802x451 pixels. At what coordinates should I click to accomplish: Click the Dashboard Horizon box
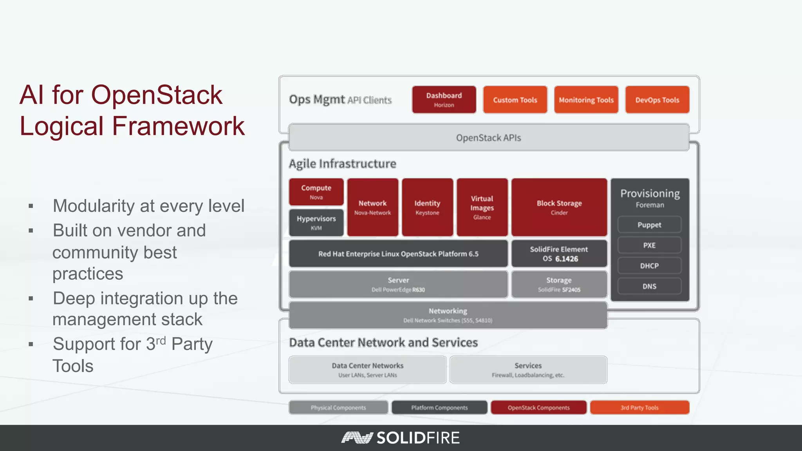pyautogui.click(x=444, y=100)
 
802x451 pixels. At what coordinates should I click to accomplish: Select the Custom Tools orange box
pyautogui.click(x=515, y=100)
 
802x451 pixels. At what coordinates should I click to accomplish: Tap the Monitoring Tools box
pyautogui.click(x=586, y=100)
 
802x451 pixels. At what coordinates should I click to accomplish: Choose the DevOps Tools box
pyautogui.click(x=657, y=100)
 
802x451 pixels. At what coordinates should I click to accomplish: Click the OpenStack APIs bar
pyautogui.click(x=488, y=138)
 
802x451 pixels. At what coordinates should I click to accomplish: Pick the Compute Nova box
pyautogui.click(x=316, y=192)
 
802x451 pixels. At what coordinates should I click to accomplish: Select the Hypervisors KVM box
pyautogui.click(x=316, y=222)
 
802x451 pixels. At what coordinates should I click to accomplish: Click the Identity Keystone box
pyautogui.click(x=427, y=207)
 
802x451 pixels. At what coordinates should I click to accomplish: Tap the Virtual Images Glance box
pyautogui.click(x=482, y=207)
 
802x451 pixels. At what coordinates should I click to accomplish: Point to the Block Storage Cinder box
pyautogui.click(x=559, y=207)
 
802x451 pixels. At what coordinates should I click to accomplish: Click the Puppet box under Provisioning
pyautogui.click(x=649, y=225)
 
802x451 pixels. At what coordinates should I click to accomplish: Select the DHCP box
pyautogui.click(x=649, y=266)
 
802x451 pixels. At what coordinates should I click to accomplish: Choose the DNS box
pyautogui.click(x=649, y=286)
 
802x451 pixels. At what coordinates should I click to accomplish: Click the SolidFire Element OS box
pyautogui.click(x=559, y=254)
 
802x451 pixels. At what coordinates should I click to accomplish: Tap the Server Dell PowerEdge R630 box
pyautogui.click(x=398, y=285)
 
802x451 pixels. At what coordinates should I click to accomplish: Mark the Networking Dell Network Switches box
pyautogui.click(x=448, y=315)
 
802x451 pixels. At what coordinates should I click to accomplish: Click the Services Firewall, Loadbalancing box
pyautogui.click(x=528, y=370)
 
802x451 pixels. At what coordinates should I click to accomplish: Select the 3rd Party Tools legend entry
pyautogui.click(x=639, y=408)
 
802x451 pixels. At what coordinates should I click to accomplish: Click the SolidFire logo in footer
pyautogui.click(x=401, y=438)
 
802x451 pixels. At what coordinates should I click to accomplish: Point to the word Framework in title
pyautogui.click(x=178, y=126)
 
